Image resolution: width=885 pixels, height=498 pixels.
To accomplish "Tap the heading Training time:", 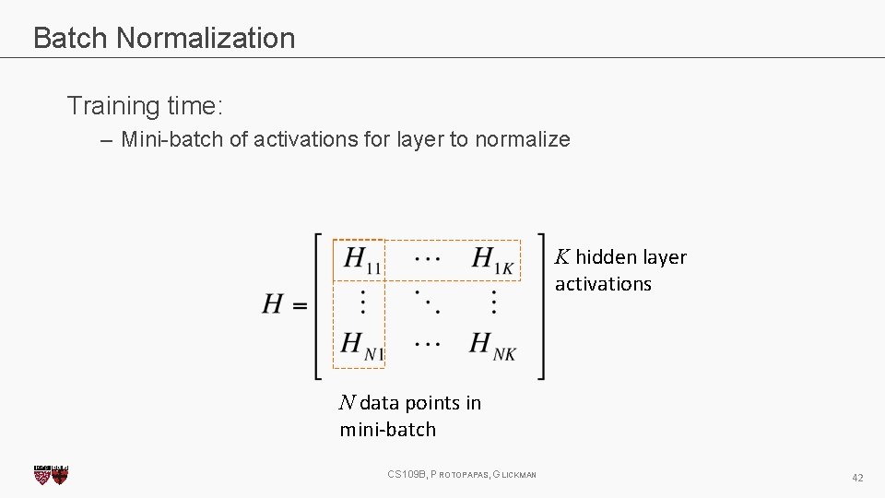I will click(x=145, y=105).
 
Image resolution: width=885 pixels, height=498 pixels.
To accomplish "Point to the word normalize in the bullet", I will click(x=523, y=140).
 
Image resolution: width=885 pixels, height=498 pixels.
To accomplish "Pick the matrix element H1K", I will click(x=492, y=259).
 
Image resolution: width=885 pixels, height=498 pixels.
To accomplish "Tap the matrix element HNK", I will click(x=492, y=346).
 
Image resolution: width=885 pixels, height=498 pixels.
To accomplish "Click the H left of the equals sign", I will click(x=273, y=303).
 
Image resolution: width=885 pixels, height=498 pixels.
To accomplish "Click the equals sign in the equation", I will click(x=300, y=304).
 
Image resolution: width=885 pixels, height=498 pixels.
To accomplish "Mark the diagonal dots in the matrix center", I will click(x=427, y=301).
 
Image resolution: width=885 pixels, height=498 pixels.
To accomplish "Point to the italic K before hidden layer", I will click(x=561, y=256).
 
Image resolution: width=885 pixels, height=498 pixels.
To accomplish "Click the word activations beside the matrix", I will click(x=603, y=284).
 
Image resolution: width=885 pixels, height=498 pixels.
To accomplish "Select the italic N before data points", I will click(x=347, y=402).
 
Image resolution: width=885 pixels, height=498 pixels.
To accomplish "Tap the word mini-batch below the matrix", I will click(x=387, y=430).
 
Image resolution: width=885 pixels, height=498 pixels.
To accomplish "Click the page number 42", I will click(x=857, y=477).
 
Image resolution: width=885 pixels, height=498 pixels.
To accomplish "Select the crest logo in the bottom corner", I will click(x=51, y=474).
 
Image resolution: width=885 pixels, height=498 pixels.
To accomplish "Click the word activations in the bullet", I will click(x=304, y=140).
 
